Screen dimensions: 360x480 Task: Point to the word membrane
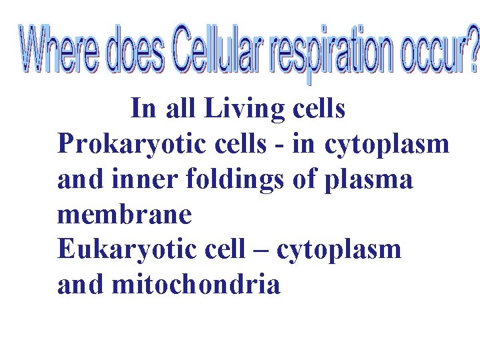(125, 215)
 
